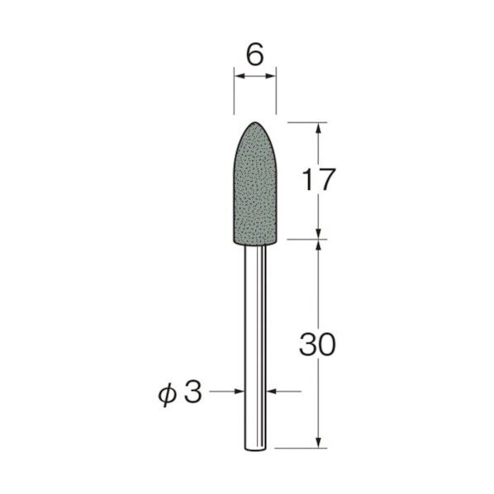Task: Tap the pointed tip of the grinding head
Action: (254, 122)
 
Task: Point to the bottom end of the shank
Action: (254, 449)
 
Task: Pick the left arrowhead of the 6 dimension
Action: (238, 77)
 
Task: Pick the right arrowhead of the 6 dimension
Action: (271, 77)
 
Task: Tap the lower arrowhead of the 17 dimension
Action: (318, 235)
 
